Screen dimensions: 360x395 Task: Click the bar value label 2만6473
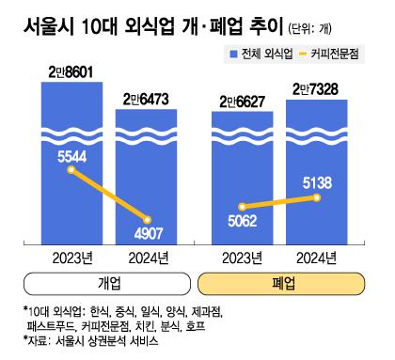(144, 99)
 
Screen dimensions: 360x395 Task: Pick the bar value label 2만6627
(241, 101)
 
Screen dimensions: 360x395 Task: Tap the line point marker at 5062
(241, 207)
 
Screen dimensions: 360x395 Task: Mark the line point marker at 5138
(319, 197)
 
